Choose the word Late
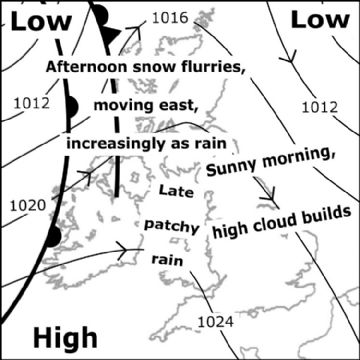pos(177,189)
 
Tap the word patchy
pos(173,225)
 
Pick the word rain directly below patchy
pos(167,259)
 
